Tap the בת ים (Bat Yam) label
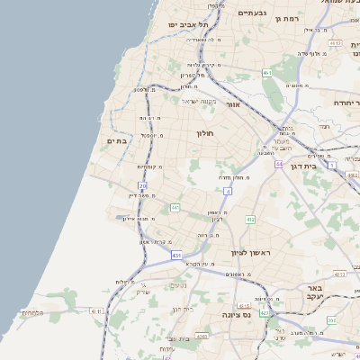click(119, 140)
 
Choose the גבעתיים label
click(252, 13)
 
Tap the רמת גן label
click(287, 18)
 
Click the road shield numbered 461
click(267, 72)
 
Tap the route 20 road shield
click(142, 185)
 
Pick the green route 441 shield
click(175, 207)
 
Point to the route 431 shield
click(177, 256)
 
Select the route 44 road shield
click(280, 165)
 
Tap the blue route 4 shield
click(228, 191)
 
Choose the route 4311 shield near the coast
click(95, 311)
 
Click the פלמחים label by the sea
click(31, 313)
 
